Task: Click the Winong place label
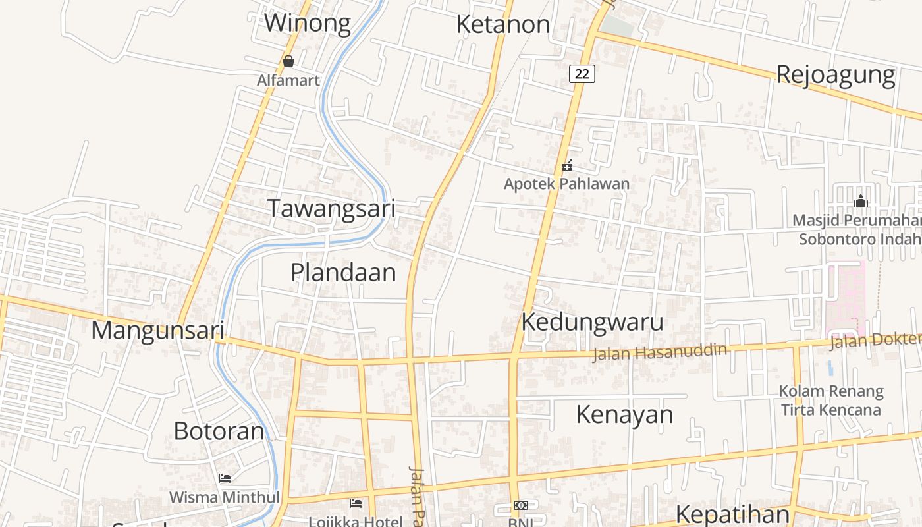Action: point(308,23)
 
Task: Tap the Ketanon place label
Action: point(503,24)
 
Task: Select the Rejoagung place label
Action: point(835,74)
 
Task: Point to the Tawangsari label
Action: point(331,209)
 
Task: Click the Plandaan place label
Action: point(343,272)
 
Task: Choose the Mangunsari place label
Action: point(158,330)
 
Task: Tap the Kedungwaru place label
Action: point(592,322)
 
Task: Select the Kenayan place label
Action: point(624,414)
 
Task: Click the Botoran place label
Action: point(219,431)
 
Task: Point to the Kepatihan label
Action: point(732,514)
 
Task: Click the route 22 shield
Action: point(582,74)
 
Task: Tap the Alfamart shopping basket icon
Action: point(288,61)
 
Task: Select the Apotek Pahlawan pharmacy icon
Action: point(567,166)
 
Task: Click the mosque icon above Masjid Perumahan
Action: point(860,201)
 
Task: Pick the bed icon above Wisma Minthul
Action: point(225,478)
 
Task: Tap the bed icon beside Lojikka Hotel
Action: point(356,504)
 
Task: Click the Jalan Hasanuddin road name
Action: point(659,352)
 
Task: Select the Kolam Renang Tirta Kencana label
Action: point(830,401)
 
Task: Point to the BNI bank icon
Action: point(521,505)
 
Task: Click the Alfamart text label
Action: point(288,80)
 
